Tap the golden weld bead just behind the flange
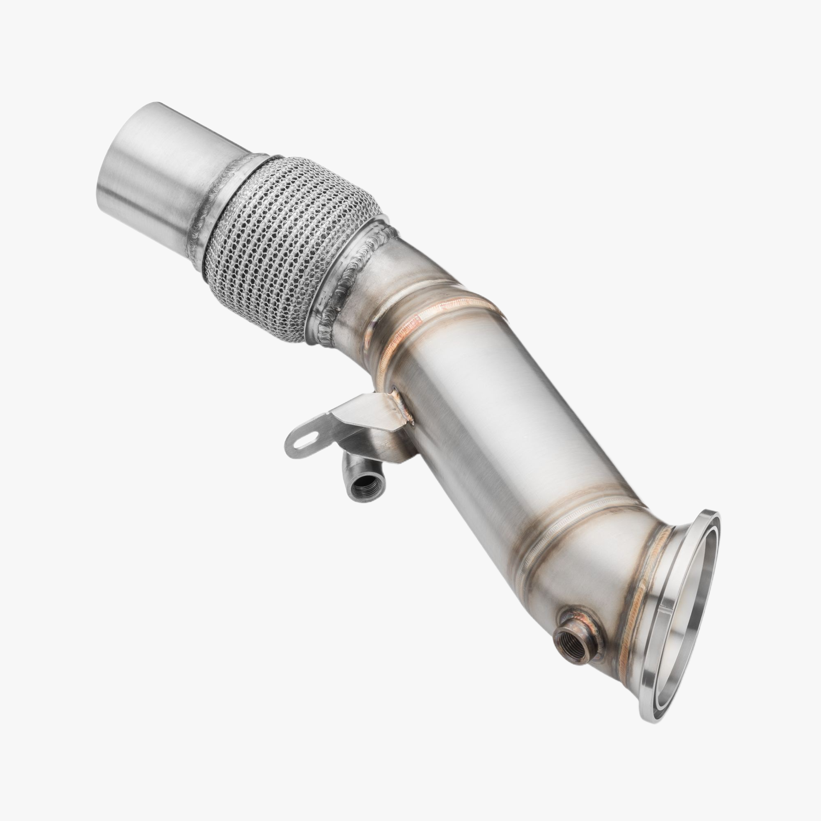[x=638, y=595]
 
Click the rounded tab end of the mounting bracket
[x=298, y=442]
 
